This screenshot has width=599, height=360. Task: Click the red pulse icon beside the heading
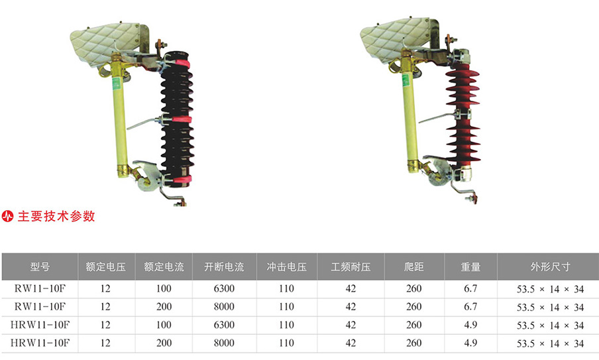pyautogui.click(x=8, y=216)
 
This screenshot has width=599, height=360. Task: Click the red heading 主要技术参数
pyautogui.click(x=56, y=216)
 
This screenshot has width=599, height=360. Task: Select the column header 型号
pyautogui.click(x=40, y=267)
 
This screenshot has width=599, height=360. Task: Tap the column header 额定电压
pyautogui.click(x=105, y=267)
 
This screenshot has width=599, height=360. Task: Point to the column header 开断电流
pyautogui.click(x=224, y=267)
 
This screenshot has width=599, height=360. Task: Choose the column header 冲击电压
pyautogui.click(x=286, y=267)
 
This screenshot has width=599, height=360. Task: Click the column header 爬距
pyautogui.click(x=413, y=267)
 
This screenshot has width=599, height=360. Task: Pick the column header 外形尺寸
pyautogui.click(x=550, y=267)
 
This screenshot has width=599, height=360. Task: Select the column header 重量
pyautogui.click(x=470, y=267)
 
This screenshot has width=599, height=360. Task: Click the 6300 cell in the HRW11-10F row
pyautogui.click(x=224, y=325)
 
